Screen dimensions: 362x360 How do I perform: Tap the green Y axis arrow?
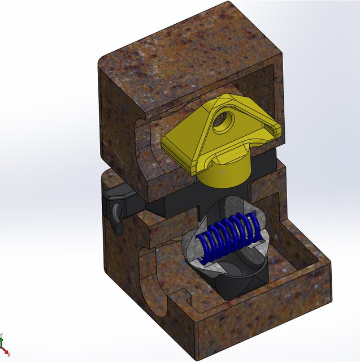[x=2, y=339]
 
